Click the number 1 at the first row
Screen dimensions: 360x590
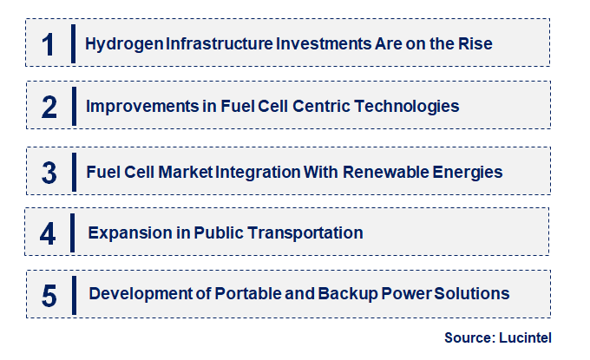tap(49, 43)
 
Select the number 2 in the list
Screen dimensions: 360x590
tap(49, 107)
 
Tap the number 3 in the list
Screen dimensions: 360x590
tap(49, 173)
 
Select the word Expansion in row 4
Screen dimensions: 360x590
tap(125, 233)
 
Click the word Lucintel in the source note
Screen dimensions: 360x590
tap(525, 337)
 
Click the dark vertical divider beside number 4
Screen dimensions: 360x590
tap(74, 232)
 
